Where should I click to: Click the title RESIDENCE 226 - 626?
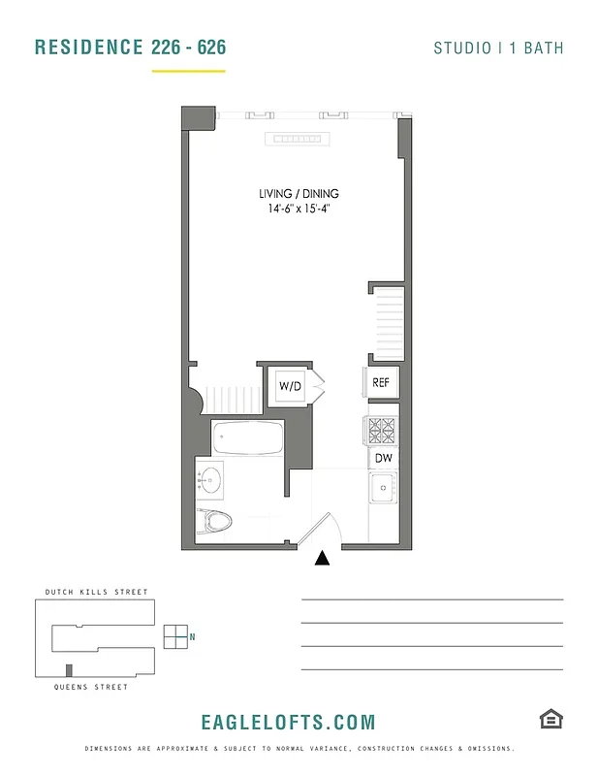(130, 48)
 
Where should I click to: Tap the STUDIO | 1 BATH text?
(498, 48)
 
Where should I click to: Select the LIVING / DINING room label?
(299, 194)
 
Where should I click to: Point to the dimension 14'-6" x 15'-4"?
(299, 209)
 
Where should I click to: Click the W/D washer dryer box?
(291, 386)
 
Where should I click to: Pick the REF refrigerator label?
(381, 382)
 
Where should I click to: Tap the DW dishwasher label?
(382, 458)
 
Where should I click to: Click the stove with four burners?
(381, 430)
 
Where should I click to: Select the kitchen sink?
(384, 488)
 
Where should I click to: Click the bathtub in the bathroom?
(247, 438)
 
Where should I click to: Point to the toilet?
(215, 521)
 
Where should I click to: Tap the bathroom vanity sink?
(210, 478)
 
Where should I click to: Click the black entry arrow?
(323, 558)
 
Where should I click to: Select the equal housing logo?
(552, 719)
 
